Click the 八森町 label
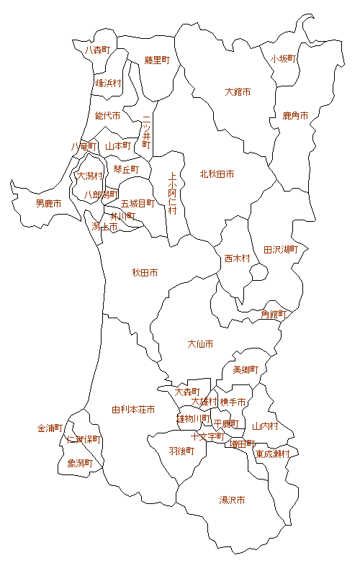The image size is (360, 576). (97, 50)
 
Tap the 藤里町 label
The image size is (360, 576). (156, 60)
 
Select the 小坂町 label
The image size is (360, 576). (284, 59)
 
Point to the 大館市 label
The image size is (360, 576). (238, 92)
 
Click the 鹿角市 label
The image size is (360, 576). (295, 115)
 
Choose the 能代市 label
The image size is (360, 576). (107, 115)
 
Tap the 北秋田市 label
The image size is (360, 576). (217, 174)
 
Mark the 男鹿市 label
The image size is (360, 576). (48, 204)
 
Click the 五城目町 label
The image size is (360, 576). (138, 204)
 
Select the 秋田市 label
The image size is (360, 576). (145, 273)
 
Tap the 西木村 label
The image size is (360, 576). (237, 258)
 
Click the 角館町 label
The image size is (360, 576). (274, 315)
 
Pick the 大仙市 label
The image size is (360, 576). (200, 344)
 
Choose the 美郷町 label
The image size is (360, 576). (246, 370)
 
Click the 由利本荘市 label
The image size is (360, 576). (133, 410)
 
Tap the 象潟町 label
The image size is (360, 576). (80, 463)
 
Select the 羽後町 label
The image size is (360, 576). (181, 451)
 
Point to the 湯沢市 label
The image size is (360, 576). (232, 500)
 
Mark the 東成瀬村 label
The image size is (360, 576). (273, 454)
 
